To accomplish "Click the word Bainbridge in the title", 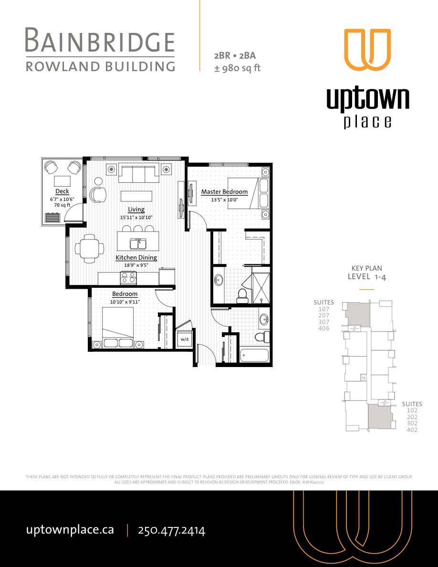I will point(100,41).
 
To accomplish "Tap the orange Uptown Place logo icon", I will point(367,50).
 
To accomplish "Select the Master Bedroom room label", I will point(224,192).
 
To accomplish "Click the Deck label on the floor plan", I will point(62,191).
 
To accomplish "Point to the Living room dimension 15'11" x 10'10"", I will point(136,218).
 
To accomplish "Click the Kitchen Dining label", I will point(136,258).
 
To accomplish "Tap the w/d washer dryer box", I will point(184,340).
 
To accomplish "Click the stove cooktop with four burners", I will point(129,278).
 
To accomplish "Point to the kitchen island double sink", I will point(138,244).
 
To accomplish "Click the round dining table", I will point(90,248).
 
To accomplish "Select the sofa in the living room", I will point(138,173).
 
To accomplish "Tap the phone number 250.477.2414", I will point(171,530).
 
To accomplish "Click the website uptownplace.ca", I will point(70,530).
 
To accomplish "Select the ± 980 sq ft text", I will point(237,68).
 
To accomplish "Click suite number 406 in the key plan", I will point(323,328).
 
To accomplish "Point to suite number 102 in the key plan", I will point(412,410).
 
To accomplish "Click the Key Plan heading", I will point(366,268).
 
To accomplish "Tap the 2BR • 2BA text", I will point(235,56).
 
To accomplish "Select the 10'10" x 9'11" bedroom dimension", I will point(125,302).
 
